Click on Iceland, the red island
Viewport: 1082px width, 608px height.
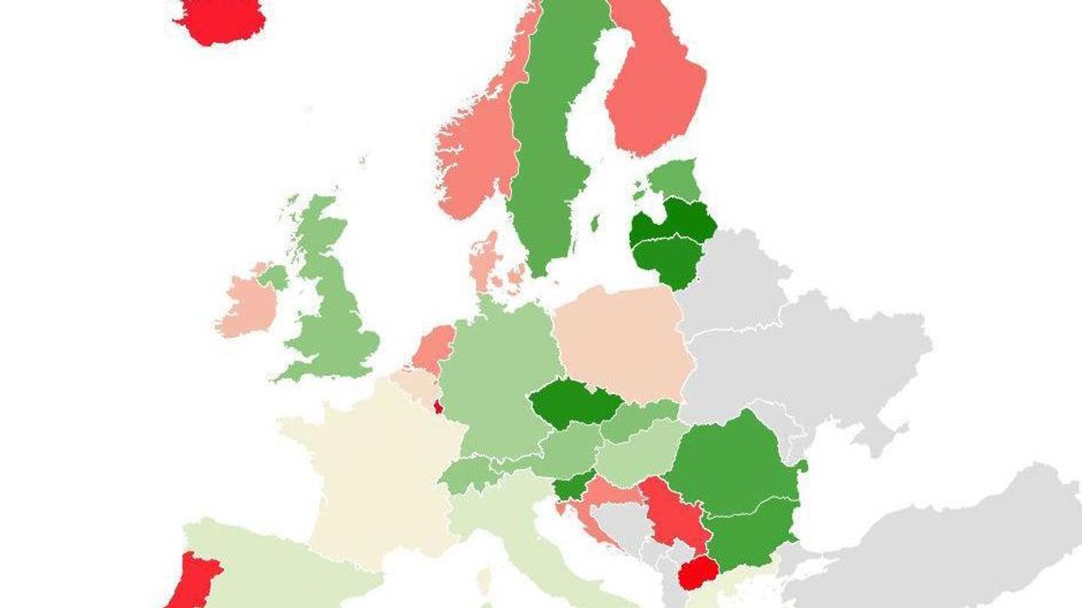[x=222, y=19]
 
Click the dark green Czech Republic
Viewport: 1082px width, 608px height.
[x=574, y=402]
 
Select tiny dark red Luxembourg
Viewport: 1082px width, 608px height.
[x=438, y=406]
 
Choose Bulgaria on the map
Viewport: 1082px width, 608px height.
[x=752, y=530]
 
